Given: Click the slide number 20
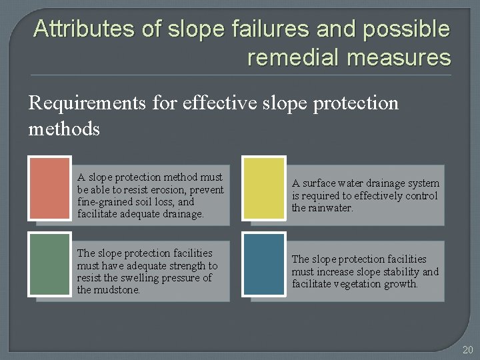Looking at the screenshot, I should (x=467, y=349).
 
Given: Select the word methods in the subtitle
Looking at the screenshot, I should (x=64, y=128).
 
